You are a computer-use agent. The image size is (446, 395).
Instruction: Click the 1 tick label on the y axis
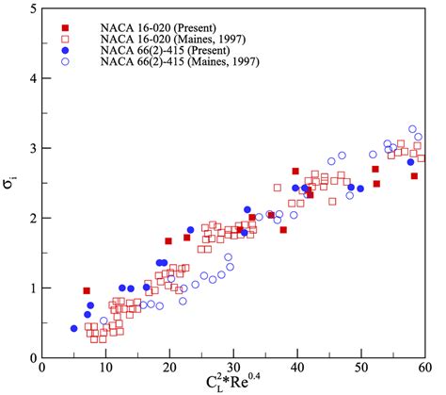click(32, 288)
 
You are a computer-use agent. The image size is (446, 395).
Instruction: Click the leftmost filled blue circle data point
click(73, 328)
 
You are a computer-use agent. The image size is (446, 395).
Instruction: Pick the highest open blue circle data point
click(412, 129)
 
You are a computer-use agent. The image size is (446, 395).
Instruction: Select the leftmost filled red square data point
click(87, 290)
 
